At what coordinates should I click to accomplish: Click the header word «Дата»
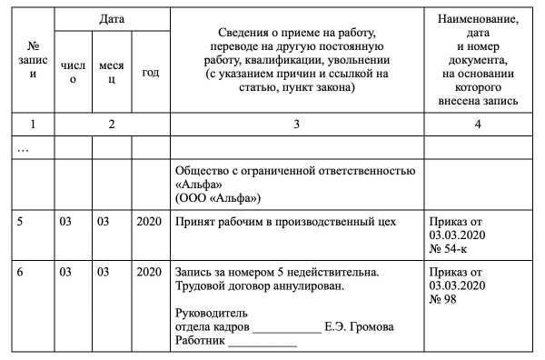tap(113, 18)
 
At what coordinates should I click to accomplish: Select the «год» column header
tap(151, 73)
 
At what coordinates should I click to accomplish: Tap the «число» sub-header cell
tap(73, 73)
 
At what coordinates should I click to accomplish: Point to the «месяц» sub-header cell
tap(113, 73)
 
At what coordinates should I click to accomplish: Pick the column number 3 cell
tap(296, 124)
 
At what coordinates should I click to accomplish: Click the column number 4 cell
tap(477, 124)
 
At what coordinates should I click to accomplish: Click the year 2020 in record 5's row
tap(150, 221)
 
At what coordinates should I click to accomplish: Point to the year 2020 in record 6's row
tap(150, 272)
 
